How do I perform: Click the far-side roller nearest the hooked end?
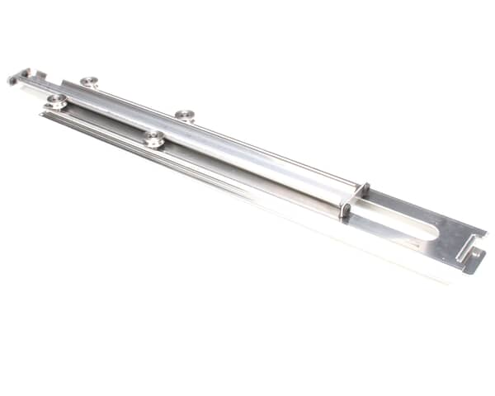(89, 82)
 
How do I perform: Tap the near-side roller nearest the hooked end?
(57, 101)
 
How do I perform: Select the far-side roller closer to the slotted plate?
(185, 115)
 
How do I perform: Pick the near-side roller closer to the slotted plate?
(153, 138)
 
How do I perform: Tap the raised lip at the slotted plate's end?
(467, 248)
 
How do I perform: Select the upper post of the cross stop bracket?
(362, 191)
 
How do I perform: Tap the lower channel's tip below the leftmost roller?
(46, 114)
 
